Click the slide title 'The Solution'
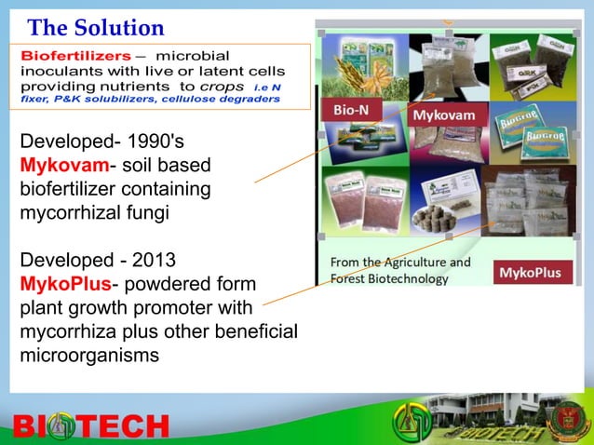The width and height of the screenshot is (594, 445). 96,28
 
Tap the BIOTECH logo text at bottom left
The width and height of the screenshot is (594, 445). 90,426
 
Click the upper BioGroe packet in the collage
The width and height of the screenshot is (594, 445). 526,122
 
